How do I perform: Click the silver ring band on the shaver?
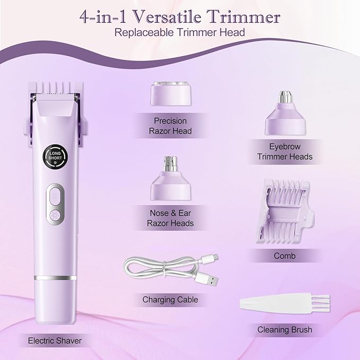[x=54, y=277]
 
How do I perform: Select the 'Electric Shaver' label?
[x=55, y=340]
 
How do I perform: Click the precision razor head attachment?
[x=169, y=94]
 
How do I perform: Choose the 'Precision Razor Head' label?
[x=169, y=126]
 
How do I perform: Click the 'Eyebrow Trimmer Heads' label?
[x=285, y=152]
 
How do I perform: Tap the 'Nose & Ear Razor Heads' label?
[x=170, y=218]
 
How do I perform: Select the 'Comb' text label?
[x=285, y=256]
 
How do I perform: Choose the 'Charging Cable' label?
[x=170, y=300]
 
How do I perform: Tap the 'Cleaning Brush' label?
[x=285, y=330]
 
